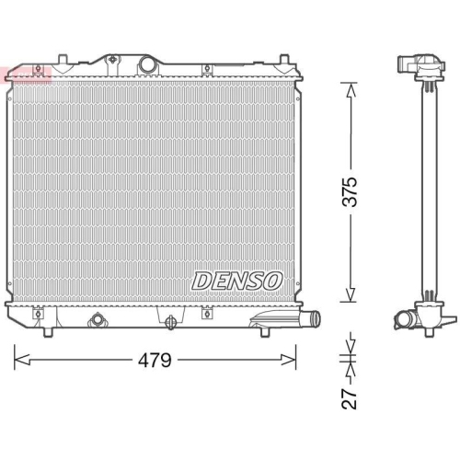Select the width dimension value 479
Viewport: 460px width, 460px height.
pyautogui.click(x=155, y=360)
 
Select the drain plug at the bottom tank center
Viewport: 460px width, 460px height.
pyautogui.click(x=170, y=321)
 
